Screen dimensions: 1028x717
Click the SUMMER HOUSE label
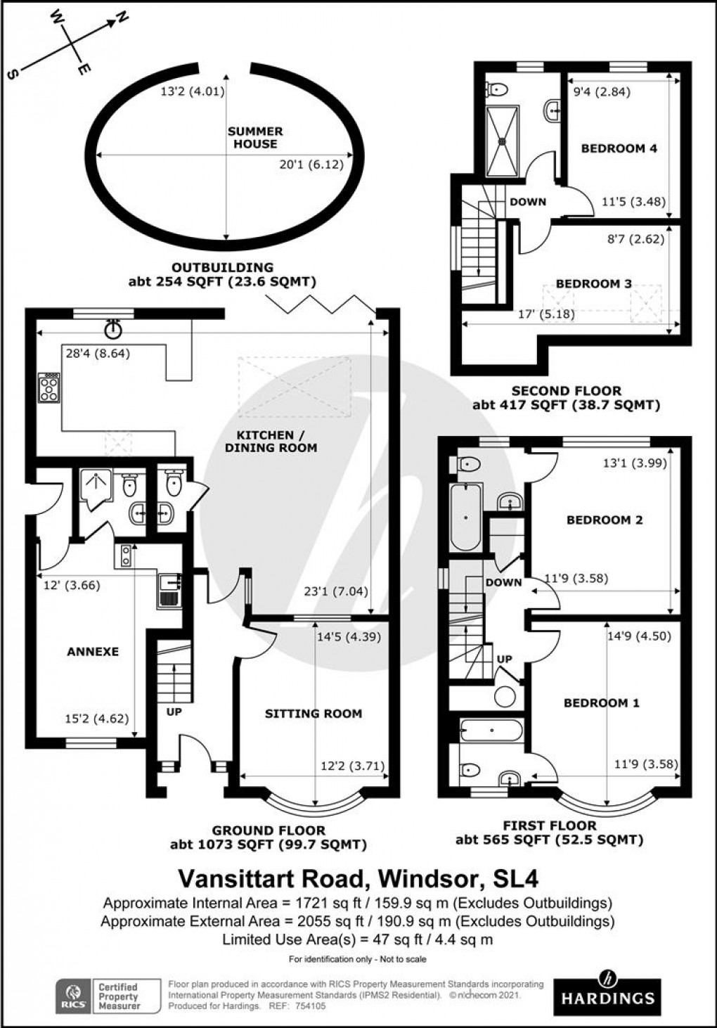(x=255, y=138)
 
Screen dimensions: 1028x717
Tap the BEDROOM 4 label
(x=619, y=148)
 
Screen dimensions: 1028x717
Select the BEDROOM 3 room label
(x=593, y=284)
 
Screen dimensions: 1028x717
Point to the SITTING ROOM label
(x=314, y=714)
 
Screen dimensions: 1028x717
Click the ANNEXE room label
(x=93, y=652)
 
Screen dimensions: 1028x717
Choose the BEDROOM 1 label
(x=601, y=703)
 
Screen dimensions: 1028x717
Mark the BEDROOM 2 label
(x=605, y=520)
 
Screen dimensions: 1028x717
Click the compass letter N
(x=121, y=19)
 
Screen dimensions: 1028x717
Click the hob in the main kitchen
(x=49, y=387)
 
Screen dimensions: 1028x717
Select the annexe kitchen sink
(x=169, y=589)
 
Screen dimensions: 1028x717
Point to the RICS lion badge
(x=73, y=995)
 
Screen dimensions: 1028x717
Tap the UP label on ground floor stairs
(x=174, y=712)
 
